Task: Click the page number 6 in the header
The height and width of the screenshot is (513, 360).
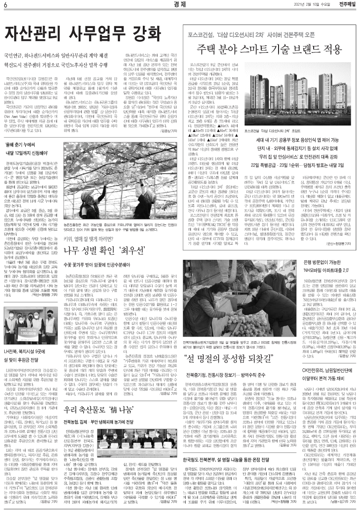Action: coord(5,5)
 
